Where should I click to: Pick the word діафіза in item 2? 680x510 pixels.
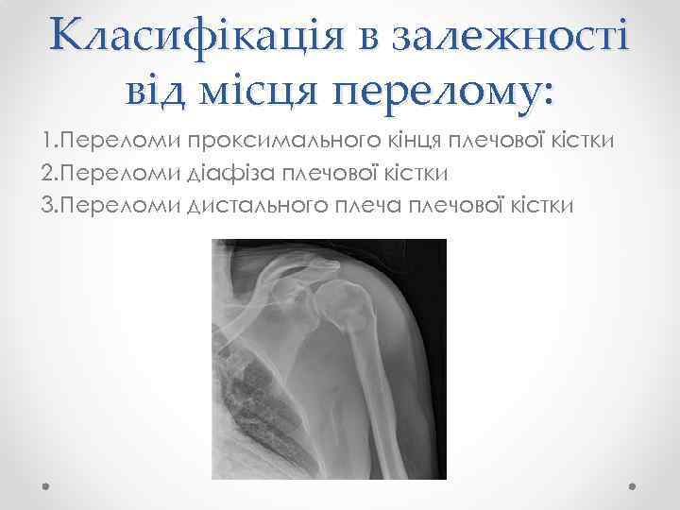pyautogui.click(x=252, y=173)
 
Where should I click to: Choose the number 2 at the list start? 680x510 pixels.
pyautogui.click(x=47, y=173)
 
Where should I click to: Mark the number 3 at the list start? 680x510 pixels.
pyautogui.click(x=47, y=204)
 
